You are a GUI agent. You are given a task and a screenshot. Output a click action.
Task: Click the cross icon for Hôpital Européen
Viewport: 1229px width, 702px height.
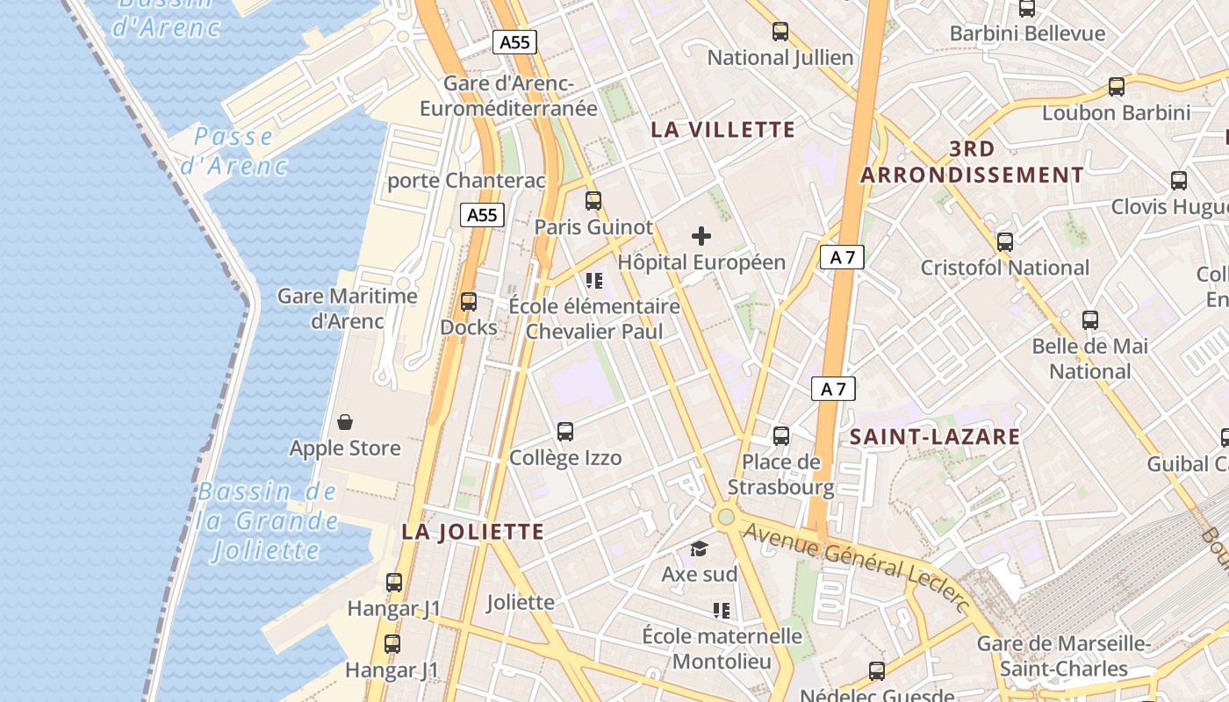click(x=701, y=235)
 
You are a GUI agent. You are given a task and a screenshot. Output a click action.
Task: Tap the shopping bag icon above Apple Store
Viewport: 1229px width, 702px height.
click(x=345, y=422)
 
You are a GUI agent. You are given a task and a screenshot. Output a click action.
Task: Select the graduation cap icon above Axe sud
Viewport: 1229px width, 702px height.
click(x=699, y=549)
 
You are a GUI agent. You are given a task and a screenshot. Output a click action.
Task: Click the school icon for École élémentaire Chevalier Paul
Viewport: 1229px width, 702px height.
click(x=594, y=281)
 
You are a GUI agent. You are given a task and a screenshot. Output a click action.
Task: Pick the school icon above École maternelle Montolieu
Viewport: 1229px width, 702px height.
click(x=722, y=610)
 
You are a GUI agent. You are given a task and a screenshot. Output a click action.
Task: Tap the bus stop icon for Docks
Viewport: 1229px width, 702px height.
click(x=469, y=302)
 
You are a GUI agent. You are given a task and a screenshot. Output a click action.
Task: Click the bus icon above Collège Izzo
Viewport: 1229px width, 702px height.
click(x=565, y=432)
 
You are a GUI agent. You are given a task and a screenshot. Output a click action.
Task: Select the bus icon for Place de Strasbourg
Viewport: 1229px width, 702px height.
click(x=780, y=435)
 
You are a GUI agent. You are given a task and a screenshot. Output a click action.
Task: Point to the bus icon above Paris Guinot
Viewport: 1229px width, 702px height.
click(x=593, y=201)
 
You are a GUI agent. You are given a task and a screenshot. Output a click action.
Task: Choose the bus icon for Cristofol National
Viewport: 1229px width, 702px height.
click(x=1005, y=241)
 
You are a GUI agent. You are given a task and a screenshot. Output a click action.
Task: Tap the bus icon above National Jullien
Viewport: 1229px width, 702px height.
click(x=780, y=32)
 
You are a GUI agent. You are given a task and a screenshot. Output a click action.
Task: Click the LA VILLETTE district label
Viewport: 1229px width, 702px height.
click(x=723, y=130)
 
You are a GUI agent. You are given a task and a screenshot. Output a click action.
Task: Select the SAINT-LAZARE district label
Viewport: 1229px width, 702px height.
click(x=935, y=436)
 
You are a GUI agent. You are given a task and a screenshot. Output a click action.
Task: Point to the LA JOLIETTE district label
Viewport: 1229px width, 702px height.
click(x=473, y=532)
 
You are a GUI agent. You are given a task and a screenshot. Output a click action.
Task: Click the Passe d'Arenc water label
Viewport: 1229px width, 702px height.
click(x=234, y=151)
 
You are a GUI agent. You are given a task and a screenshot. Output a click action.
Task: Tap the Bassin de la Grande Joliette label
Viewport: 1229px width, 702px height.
click(x=267, y=521)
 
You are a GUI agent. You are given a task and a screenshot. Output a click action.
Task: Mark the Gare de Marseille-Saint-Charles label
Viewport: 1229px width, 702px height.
click(x=1064, y=656)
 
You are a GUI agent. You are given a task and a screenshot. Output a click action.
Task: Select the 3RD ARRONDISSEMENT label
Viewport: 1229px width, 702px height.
click(x=972, y=161)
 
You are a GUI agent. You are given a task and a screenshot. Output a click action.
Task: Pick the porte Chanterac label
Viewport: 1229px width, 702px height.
click(x=467, y=181)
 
